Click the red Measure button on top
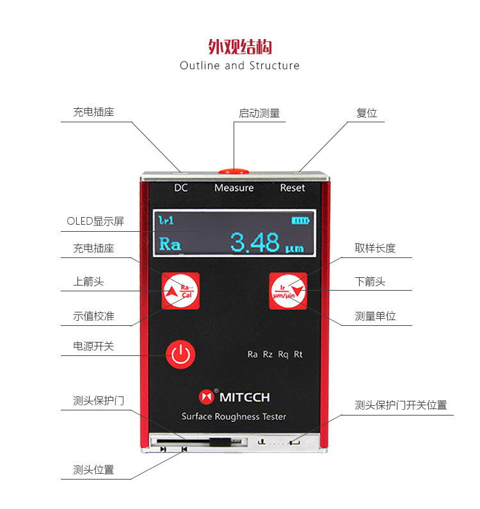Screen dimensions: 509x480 coord(234,171)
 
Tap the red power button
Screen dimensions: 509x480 coord(180,354)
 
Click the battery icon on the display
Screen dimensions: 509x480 coord(300,221)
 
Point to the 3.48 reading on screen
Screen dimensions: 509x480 coord(255,243)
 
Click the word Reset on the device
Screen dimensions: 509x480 coord(292,188)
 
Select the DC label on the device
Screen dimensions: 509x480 coord(181,188)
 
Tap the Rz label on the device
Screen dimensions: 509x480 coord(268,354)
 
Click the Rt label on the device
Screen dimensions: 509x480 coord(298,354)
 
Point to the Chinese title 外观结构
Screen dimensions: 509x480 coord(240,47)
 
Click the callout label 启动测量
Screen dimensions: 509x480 coord(259,113)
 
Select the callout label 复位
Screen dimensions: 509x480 coord(367,113)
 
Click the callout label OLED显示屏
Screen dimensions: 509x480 coord(95,222)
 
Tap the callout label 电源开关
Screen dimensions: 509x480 coord(93,346)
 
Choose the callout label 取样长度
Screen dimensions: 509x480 coord(375,248)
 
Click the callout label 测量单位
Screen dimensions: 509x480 coord(375,316)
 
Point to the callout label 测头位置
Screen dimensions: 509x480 coord(93,470)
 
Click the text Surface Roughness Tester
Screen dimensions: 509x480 coord(234,417)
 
